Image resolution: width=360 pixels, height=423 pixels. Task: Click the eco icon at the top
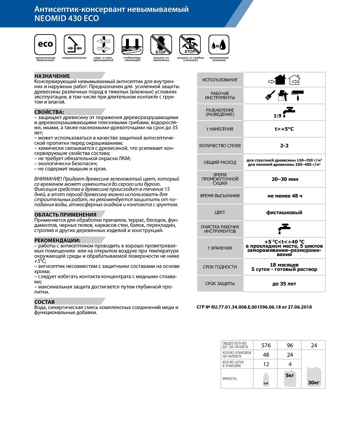45,45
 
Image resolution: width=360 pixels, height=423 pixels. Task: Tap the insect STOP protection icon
161,45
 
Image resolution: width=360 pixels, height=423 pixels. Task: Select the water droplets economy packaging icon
219,45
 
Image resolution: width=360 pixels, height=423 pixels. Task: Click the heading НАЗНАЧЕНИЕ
52,76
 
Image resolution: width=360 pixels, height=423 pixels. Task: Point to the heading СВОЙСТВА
49,112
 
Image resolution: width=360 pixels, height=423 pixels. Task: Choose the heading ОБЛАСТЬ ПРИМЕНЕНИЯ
65,215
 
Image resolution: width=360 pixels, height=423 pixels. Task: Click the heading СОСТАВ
45,302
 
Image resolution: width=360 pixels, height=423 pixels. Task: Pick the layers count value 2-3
284,146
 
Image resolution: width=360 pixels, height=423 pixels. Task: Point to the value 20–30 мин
284,179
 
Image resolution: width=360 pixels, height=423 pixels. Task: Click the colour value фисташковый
284,212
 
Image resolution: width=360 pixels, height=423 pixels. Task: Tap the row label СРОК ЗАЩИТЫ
220,283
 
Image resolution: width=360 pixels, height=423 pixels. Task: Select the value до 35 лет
284,283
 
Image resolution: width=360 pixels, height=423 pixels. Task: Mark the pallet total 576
266,345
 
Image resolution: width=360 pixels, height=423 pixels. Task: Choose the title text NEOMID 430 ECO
67,18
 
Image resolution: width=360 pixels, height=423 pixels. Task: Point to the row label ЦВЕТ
220,212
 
